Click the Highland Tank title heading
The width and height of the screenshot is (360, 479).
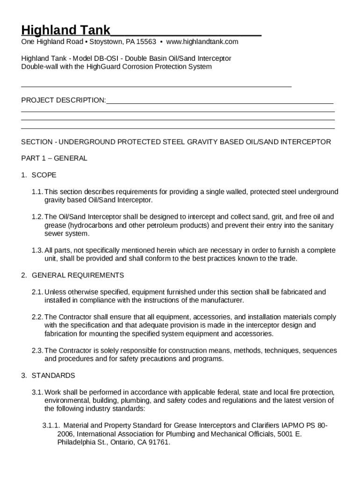66,31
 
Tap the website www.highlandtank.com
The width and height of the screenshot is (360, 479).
202,42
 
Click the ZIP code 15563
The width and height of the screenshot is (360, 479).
146,42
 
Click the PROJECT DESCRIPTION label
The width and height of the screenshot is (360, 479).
64,100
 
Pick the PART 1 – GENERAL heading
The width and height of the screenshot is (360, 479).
54,158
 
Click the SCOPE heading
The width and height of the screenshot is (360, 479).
44,175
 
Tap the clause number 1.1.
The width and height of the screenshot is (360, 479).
37,192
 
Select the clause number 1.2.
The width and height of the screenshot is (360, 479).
37,217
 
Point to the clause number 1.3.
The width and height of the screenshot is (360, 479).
37,250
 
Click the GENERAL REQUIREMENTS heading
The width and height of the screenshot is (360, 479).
78,275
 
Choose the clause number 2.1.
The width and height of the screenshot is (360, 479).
37,292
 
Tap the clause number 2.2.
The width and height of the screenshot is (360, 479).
37,317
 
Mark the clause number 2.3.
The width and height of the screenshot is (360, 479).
37,350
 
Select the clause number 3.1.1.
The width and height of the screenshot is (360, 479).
51,426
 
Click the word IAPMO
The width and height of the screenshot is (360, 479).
292,426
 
